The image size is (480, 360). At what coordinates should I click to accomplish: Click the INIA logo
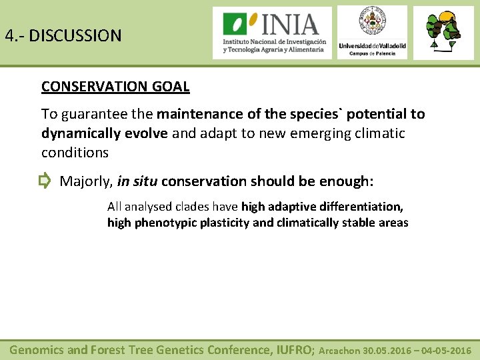click(272, 33)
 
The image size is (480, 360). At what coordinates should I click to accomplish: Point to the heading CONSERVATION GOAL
click(115, 87)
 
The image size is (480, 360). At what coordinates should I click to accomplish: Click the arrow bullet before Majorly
click(45, 181)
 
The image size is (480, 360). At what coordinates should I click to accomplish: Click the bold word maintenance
click(197, 114)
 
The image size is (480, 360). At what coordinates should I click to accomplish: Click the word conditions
click(75, 153)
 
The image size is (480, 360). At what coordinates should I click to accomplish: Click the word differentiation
click(364, 207)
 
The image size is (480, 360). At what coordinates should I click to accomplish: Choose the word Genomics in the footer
click(37, 349)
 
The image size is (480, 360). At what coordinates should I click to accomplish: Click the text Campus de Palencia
click(372, 53)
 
